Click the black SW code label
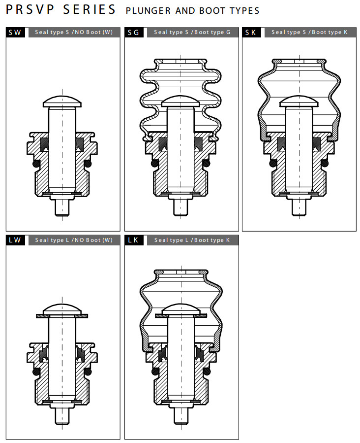[x=15, y=32]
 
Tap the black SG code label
[x=134, y=32]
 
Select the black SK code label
[x=251, y=32]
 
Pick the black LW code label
[x=15, y=240]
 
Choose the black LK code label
[x=134, y=240]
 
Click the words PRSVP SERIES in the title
[x=60, y=9]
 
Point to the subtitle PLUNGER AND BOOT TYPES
[x=193, y=11]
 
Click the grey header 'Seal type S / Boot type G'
[x=193, y=32]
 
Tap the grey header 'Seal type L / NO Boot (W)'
[x=74, y=240]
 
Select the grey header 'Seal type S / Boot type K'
[x=310, y=32]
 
